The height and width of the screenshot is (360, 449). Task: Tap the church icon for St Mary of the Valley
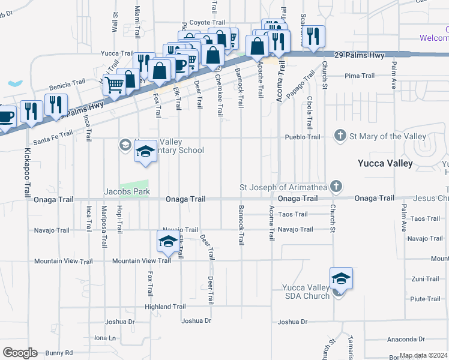pyautogui.click(x=340, y=136)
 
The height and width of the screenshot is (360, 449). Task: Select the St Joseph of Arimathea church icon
pyautogui.click(x=336, y=187)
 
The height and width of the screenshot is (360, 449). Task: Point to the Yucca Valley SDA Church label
pyautogui.click(x=306, y=292)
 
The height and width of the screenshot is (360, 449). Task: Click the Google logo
pyautogui.click(x=20, y=353)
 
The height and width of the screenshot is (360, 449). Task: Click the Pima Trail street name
pyautogui.click(x=360, y=76)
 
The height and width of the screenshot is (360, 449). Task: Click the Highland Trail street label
pyautogui.click(x=165, y=307)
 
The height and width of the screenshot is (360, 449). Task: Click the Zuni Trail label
pyautogui.click(x=425, y=279)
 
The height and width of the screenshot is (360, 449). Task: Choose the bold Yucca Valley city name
pyautogui.click(x=385, y=163)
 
